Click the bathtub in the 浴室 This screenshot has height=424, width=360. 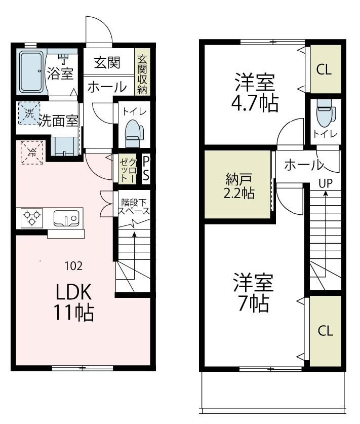pyautogui.click(x=32, y=72)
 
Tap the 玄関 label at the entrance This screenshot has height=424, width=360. pyautogui.click(x=107, y=63)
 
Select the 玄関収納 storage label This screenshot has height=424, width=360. pyautogui.click(x=141, y=74)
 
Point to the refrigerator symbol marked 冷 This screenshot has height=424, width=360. pyautogui.click(x=32, y=152)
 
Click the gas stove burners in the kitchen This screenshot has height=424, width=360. pyautogui.click(x=32, y=218)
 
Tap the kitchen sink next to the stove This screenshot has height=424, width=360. pyautogui.click(x=66, y=218)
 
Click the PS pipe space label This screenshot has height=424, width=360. pyautogui.click(x=146, y=168)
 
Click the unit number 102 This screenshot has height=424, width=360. pyautogui.click(x=73, y=265)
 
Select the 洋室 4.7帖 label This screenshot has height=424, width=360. pyautogui.click(x=254, y=92)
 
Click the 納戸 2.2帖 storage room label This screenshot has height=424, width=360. pyautogui.click(x=238, y=186)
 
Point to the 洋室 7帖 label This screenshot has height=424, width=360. pyautogui.click(x=253, y=292)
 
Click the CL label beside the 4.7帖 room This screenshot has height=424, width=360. pyautogui.click(x=324, y=70)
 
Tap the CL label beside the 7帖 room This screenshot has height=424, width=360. pyautogui.click(x=325, y=331)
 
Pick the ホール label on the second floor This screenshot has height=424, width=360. pyautogui.click(x=302, y=165)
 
